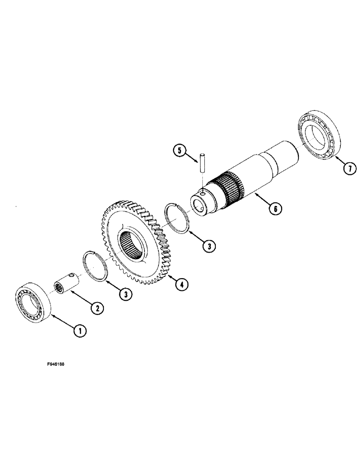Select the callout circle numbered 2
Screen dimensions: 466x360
point(97,308)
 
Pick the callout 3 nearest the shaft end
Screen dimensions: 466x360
point(208,246)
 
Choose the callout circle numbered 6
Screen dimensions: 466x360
point(275,209)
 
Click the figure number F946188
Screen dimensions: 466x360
point(53,365)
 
